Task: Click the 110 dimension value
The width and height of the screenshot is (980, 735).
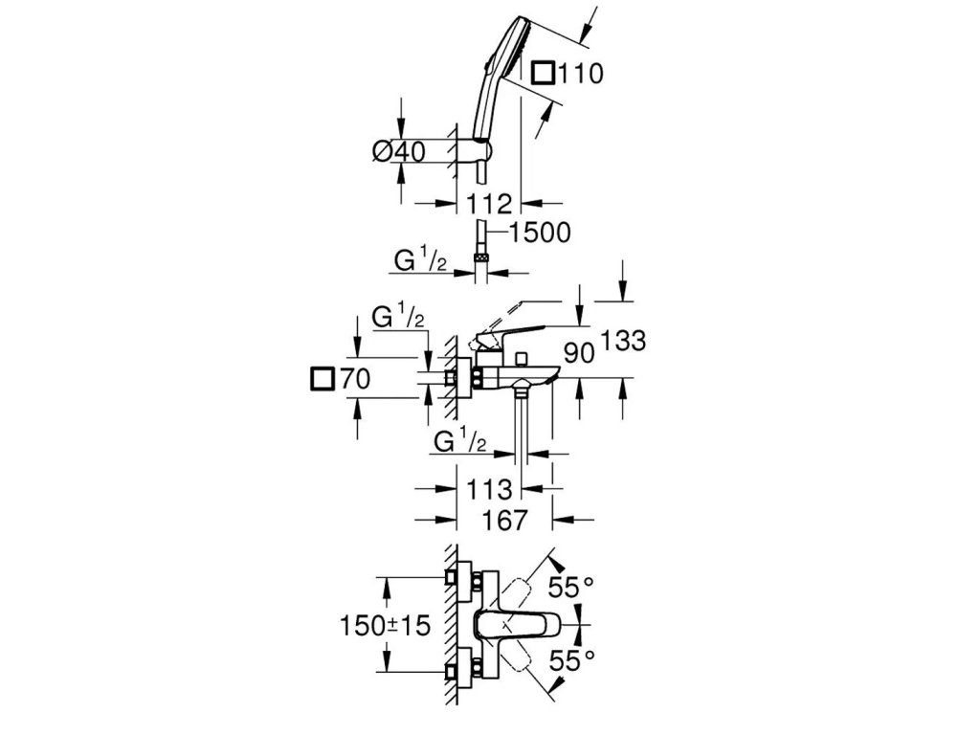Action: (x=581, y=73)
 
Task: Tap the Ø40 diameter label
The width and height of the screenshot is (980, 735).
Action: (x=397, y=152)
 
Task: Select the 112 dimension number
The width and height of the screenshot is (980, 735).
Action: (x=490, y=202)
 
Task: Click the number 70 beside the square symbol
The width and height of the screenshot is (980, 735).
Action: (x=354, y=381)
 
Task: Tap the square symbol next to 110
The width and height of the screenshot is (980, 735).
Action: (x=544, y=73)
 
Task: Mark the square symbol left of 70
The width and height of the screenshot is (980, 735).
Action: (x=323, y=381)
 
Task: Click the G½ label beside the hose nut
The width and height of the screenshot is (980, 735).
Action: (x=418, y=259)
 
